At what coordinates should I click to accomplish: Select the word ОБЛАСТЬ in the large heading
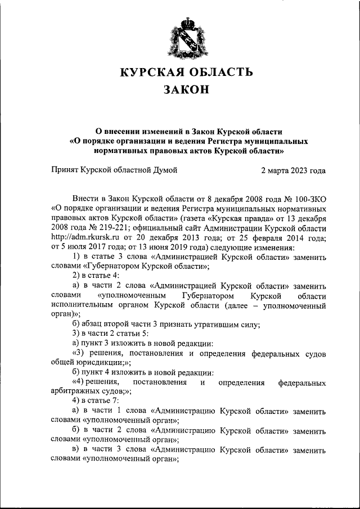217,72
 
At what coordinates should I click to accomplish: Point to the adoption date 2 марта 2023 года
293,168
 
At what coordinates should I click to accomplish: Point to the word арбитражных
76,391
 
